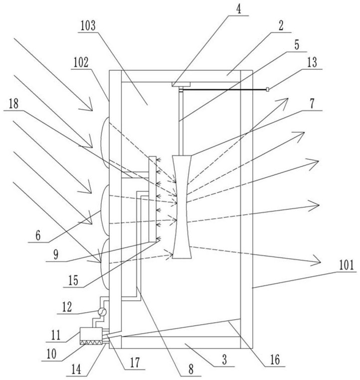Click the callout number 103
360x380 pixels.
(x=88, y=26)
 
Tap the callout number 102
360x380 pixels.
(x=81, y=63)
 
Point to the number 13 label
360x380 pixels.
(x=312, y=62)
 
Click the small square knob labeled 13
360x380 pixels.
(x=267, y=90)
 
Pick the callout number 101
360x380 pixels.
(x=347, y=265)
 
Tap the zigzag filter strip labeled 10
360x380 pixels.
(x=91, y=342)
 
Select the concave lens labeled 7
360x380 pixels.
(x=181, y=207)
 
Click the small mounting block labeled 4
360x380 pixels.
(x=181, y=84)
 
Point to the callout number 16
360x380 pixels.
(x=275, y=360)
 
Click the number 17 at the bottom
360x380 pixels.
(x=135, y=363)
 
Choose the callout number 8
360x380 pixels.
(x=191, y=370)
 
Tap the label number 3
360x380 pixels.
(x=224, y=360)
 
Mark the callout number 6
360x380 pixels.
(x=38, y=235)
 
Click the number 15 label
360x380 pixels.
(x=73, y=280)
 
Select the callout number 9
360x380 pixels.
(x=56, y=255)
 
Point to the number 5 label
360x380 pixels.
(x=297, y=45)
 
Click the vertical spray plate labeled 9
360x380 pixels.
(x=153, y=198)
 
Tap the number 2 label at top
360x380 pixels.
(x=281, y=26)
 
